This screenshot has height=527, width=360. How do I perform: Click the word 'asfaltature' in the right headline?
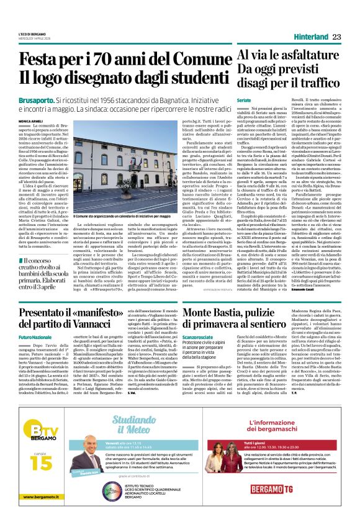click(296, 57)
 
